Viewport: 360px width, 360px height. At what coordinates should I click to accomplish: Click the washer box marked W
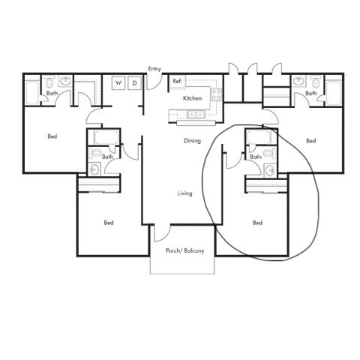pos(118,82)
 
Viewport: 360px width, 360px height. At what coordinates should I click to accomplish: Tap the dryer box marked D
pos(134,82)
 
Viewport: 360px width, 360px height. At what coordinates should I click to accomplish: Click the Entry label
pos(154,69)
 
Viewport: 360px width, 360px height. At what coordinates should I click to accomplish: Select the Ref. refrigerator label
pos(178,81)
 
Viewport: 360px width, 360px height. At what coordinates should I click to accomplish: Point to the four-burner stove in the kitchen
pos(216,94)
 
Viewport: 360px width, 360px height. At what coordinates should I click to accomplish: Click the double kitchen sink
pos(196,115)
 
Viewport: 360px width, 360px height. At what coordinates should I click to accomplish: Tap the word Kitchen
pos(192,98)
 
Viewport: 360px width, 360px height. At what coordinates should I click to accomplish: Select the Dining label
pos(192,141)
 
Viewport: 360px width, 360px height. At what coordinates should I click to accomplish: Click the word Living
pos(184,193)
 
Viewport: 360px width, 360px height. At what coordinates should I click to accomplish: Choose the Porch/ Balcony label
pos(184,250)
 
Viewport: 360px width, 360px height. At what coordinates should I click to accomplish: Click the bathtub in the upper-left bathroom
pos(32,92)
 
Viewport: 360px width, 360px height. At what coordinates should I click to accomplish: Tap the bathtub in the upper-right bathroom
pos(334,93)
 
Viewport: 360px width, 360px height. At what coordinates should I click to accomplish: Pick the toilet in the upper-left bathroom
pos(49,82)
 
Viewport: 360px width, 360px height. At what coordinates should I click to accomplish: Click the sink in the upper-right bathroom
pos(299,81)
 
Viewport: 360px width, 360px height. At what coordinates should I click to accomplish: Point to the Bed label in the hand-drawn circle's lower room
pos(257,223)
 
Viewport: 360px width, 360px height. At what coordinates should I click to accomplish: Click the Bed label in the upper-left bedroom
pos(52,136)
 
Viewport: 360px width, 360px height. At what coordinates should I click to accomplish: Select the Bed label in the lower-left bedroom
pos(109,223)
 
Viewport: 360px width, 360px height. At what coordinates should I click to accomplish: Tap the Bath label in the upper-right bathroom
pos(310,93)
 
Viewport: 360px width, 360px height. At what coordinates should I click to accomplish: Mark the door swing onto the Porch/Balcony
pos(163,236)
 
